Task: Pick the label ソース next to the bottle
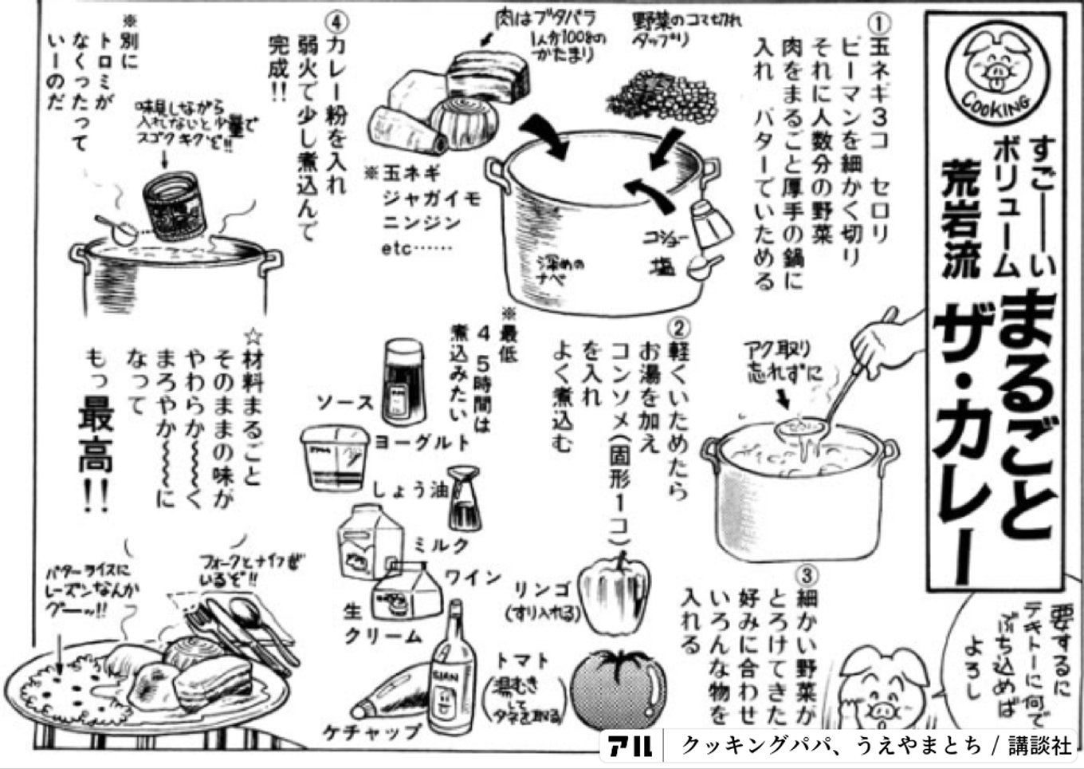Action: pos(344,402)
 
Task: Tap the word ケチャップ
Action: pos(371,731)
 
